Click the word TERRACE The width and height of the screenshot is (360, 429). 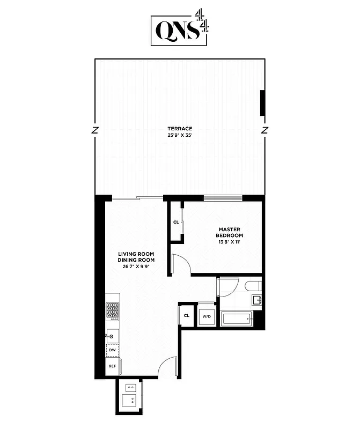(x=180, y=129)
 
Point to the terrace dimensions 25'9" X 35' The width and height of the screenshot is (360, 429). (x=180, y=135)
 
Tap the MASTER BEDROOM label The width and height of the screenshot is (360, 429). (x=230, y=232)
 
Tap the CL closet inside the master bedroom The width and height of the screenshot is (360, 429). (x=176, y=222)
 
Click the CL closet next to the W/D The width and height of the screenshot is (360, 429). (x=186, y=316)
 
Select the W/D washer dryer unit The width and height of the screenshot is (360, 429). (x=207, y=316)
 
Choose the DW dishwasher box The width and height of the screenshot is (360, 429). (x=113, y=350)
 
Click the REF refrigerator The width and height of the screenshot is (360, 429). (x=113, y=366)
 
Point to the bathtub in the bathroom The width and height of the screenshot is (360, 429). (x=236, y=320)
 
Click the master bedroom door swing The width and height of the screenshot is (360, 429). (x=180, y=265)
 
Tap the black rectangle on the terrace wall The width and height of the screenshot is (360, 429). (x=262, y=103)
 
